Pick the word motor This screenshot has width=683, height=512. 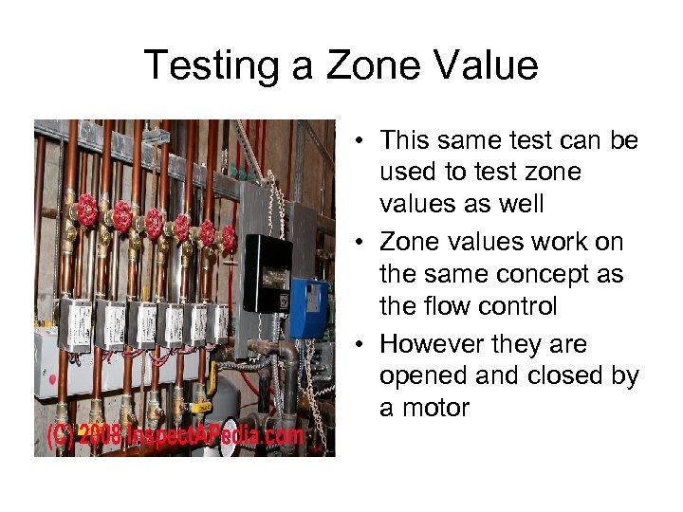(x=435, y=409)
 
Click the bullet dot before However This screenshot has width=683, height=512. (x=364, y=344)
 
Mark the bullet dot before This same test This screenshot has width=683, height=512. (x=364, y=142)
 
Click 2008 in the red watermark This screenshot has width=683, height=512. (x=100, y=437)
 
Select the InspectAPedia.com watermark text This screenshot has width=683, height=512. (x=218, y=437)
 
